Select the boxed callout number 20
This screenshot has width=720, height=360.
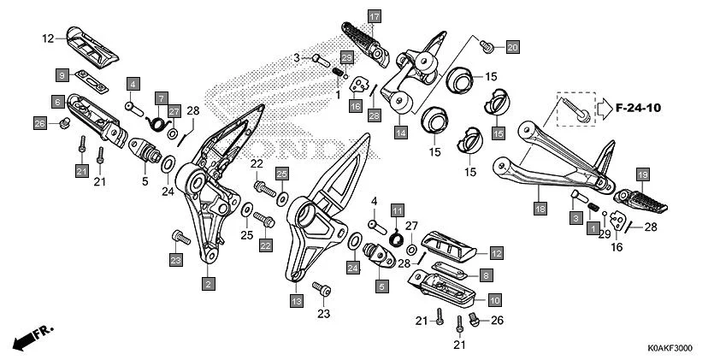pos(512,46)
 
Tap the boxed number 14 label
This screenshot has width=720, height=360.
pos(400,133)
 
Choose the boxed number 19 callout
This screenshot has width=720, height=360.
pos(644,174)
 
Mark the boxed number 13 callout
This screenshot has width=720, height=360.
pos(296,301)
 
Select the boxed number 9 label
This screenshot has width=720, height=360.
pos(63,74)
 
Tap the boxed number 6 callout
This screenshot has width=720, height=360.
pos(56,102)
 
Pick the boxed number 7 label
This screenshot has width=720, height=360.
pos(160,98)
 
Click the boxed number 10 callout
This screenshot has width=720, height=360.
pos(495,300)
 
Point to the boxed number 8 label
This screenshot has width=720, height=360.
pos(485,275)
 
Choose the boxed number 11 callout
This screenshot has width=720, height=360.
pos(397,210)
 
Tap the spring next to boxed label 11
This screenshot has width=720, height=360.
pos(397,236)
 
